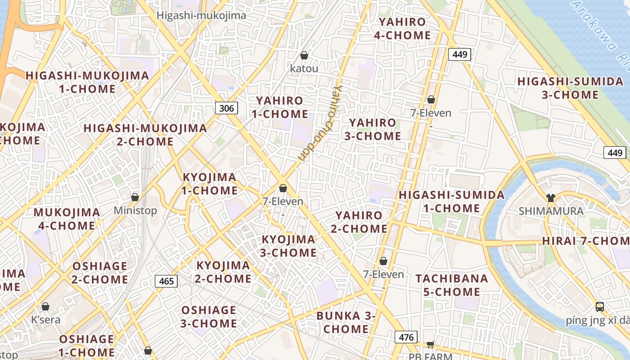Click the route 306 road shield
tap(226, 108)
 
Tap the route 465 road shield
tap(166, 281)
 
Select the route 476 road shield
tap(406, 337)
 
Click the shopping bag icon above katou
tap(304, 55)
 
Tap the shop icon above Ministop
tap(135, 197)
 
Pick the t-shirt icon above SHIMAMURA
tap(550, 198)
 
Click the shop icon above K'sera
tap(45, 307)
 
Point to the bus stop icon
tap(599, 307)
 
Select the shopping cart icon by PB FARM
tap(430, 344)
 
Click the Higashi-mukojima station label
tap(201, 16)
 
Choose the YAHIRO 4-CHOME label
tap(402, 28)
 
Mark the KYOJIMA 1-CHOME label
tap(209, 184)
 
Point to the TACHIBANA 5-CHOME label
tap(452, 285)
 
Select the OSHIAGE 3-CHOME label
tap(209, 317)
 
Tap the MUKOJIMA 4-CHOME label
tap(67, 219)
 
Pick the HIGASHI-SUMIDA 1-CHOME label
tap(452, 202)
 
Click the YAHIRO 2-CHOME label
tap(359, 222)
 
